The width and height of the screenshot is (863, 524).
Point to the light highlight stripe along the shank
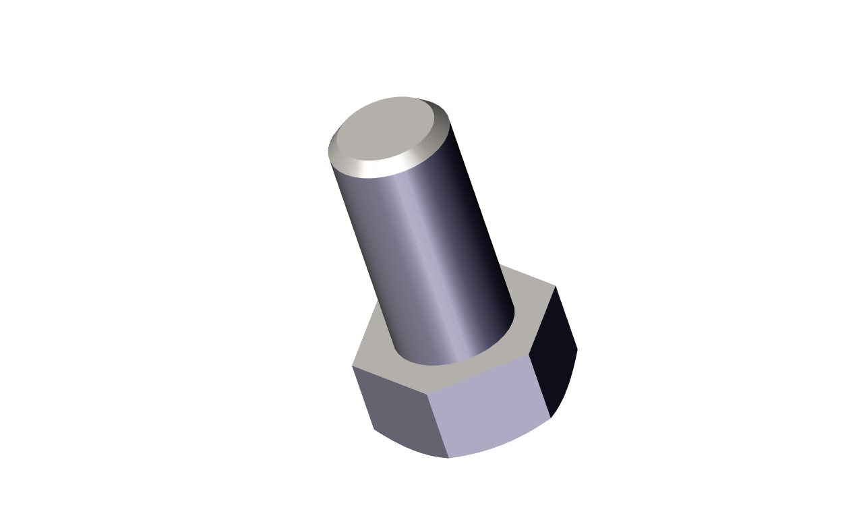421,256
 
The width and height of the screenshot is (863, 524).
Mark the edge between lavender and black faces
539,384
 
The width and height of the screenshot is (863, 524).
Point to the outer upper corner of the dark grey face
353,367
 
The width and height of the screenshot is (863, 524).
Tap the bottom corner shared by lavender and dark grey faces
448,458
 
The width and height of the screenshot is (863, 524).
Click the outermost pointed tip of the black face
578,349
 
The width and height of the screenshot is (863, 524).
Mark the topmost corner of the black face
555,287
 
